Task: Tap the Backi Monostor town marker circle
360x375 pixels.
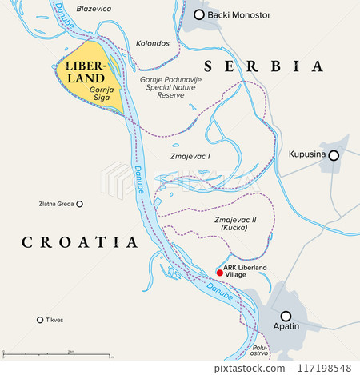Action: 199,15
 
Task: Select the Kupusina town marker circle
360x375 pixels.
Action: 334,155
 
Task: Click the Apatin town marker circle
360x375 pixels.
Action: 286,316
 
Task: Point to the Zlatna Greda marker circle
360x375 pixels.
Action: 80,204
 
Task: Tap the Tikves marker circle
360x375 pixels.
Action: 40,320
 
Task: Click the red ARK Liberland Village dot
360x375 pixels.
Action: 220,273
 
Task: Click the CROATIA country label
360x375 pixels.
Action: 80,241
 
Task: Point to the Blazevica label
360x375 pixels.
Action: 93,9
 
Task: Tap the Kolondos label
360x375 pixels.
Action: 153,42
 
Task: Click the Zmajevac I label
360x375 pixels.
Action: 191,158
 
